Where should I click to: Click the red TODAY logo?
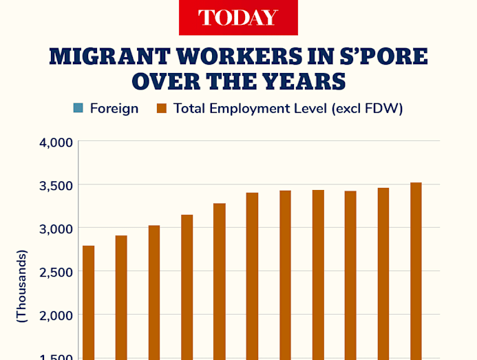238,17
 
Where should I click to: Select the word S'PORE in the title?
385,56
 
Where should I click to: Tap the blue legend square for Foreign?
78,108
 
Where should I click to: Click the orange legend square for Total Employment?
162,108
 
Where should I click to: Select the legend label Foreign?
114,108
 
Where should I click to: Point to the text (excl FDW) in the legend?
368,108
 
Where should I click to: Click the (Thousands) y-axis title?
21,286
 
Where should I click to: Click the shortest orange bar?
88,302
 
